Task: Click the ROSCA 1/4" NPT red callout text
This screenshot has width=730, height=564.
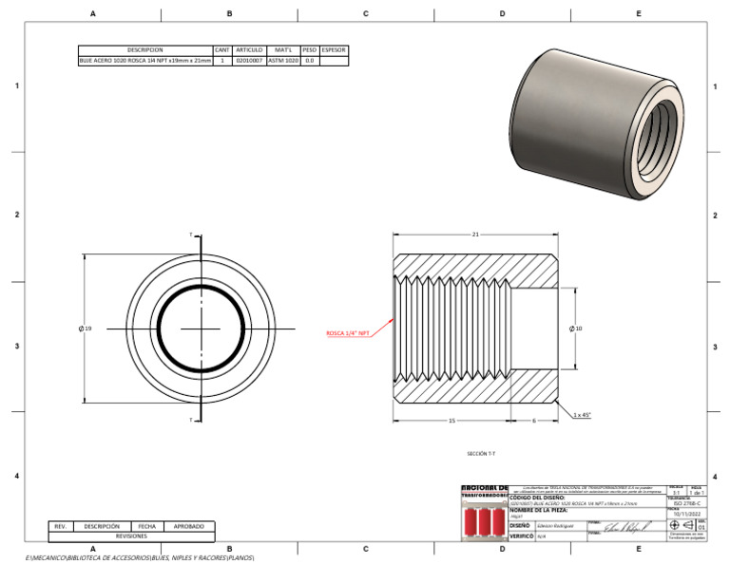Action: pos(348,333)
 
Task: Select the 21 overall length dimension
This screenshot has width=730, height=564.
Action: pos(474,235)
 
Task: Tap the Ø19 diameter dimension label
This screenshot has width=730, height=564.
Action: pos(86,329)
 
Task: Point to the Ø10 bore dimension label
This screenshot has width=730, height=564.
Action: pos(575,329)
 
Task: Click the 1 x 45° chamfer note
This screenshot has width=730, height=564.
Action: pos(583,415)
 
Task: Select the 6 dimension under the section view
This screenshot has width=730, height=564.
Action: pos(533,420)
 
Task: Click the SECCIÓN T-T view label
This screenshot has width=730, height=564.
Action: pos(483,454)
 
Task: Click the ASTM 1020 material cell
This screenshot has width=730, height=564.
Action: pos(282,61)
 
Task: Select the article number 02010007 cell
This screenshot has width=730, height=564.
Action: pos(249,61)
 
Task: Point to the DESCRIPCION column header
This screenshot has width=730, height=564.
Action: pos(144,49)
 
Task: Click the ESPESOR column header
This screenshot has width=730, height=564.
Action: pos(334,49)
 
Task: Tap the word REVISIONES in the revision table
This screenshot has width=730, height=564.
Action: pos(131,536)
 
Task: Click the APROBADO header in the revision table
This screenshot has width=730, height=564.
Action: pos(189,526)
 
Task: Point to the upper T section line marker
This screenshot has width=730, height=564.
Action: pos(192,235)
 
